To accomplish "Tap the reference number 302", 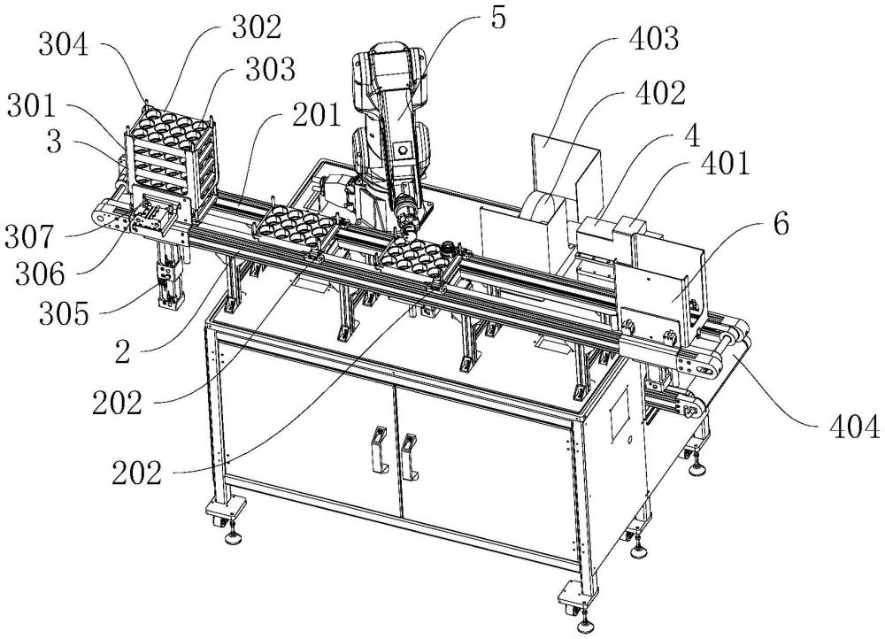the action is (x=256, y=27).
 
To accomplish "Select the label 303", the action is (x=270, y=69).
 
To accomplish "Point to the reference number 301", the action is (x=32, y=106).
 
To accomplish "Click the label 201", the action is (x=317, y=115).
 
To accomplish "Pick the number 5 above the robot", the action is (x=498, y=18).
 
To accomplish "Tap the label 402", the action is (x=660, y=93).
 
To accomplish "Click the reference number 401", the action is (x=725, y=164).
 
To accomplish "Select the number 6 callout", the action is (x=781, y=224).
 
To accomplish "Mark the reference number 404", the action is (x=854, y=427).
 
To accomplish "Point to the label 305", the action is (x=64, y=314).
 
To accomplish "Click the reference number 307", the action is (x=29, y=237).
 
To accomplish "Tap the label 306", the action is (x=40, y=275).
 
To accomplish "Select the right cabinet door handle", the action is (x=409, y=456).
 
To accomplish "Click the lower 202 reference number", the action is (x=136, y=473).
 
